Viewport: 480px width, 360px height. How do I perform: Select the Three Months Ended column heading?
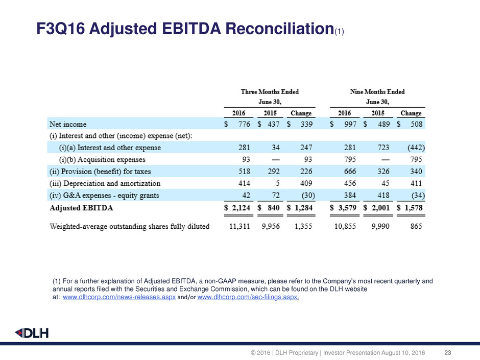(270, 92)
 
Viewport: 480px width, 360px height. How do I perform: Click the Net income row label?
(67, 124)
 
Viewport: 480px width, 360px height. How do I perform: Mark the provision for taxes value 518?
(241, 171)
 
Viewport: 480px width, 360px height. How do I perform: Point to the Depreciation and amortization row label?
(105, 183)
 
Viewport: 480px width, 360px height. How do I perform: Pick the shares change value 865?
(415, 227)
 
